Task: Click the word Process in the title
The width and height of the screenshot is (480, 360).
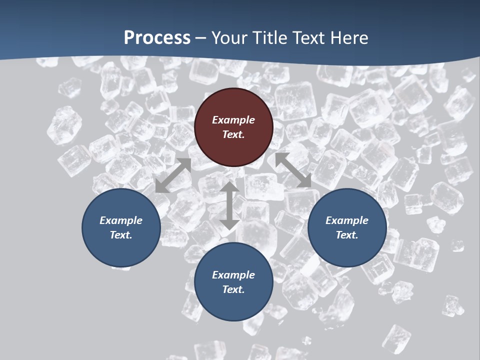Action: pos(157,38)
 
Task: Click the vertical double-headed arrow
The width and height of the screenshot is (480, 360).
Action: pos(229,206)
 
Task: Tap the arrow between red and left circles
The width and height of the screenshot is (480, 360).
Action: pos(173,175)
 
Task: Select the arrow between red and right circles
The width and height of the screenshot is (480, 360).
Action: pos(293,170)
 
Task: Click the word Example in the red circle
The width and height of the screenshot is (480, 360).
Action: pos(233,120)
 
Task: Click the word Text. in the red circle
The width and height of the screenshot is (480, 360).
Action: pos(233,134)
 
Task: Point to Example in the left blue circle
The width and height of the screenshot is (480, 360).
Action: pos(121,220)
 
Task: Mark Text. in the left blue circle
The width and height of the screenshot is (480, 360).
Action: pos(121,235)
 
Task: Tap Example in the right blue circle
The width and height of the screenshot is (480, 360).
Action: pos(347,220)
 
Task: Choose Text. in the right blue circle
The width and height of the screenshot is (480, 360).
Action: pos(347,235)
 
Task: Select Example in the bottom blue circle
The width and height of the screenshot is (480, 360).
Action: pos(233,275)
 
